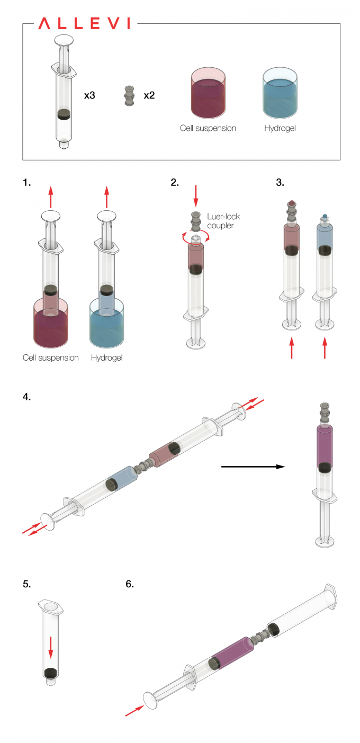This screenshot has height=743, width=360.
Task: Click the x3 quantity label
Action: point(90,96)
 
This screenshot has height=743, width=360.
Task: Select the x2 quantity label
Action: point(149,96)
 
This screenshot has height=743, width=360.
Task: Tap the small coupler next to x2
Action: point(128,96)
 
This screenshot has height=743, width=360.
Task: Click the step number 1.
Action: point(27,183)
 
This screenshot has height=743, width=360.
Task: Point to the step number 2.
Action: point(175,183)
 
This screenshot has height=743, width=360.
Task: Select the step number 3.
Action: point(280,183)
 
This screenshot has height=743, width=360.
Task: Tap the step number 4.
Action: point(27,397)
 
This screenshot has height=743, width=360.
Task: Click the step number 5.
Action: point(27,584)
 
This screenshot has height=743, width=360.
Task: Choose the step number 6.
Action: point(130,584)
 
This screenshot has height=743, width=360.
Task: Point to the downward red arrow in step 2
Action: point(196,196)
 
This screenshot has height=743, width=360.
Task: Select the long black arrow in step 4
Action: point(253,467)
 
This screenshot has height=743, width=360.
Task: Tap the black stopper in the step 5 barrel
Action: point(51,673)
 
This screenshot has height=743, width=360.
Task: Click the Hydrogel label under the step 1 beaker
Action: point(106,357)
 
